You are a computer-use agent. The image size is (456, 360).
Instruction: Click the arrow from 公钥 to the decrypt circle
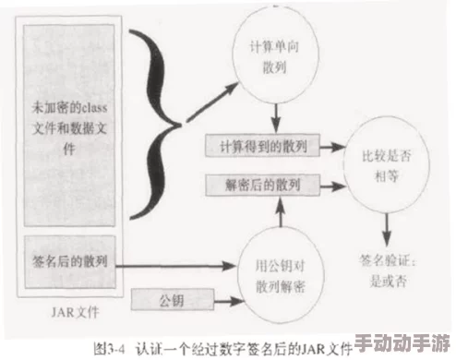pos(226,299)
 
